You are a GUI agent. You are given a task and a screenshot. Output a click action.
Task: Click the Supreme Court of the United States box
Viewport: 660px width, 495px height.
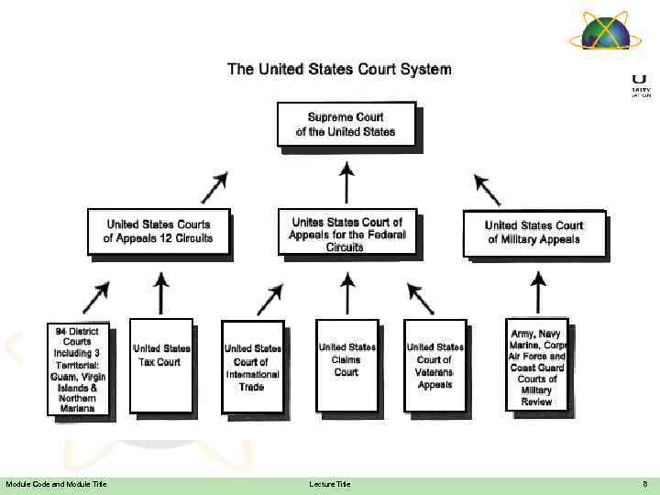coord(346,124)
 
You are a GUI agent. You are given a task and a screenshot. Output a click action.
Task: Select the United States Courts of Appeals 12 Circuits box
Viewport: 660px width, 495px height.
coord(158,231)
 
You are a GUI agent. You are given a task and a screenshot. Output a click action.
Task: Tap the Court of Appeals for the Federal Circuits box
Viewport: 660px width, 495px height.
coord(346,233)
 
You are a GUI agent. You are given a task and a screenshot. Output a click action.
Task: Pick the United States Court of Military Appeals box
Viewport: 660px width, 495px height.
coord(533,232)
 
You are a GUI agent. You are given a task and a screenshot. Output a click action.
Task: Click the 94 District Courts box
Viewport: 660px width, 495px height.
coord(81,368)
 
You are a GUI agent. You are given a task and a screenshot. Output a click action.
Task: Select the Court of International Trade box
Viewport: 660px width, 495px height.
coord(252,367)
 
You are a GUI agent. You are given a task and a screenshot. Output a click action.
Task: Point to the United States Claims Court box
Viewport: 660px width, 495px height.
coord(346,365)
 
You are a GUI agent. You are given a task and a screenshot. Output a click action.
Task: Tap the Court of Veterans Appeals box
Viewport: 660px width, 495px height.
coord(434,365)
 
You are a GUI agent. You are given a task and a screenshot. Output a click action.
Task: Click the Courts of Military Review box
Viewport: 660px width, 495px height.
coord(537,364)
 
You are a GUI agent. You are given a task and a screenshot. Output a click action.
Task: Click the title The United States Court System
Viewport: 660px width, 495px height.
coord(339,69)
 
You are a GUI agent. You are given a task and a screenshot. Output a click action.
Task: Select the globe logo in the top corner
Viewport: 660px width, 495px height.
coord(600,33)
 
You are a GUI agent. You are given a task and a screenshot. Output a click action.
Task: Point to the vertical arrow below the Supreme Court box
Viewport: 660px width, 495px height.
coord(346,181)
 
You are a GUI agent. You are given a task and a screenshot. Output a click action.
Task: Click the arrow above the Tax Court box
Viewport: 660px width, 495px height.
coord(161,292)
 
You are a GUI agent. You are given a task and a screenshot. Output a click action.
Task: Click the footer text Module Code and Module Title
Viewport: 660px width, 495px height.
coord(56,484)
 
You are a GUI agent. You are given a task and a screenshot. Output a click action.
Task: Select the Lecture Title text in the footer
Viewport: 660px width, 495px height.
coord(330,484)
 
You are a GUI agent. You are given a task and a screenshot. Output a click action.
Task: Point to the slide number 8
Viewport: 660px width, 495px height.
coord(644,484)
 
